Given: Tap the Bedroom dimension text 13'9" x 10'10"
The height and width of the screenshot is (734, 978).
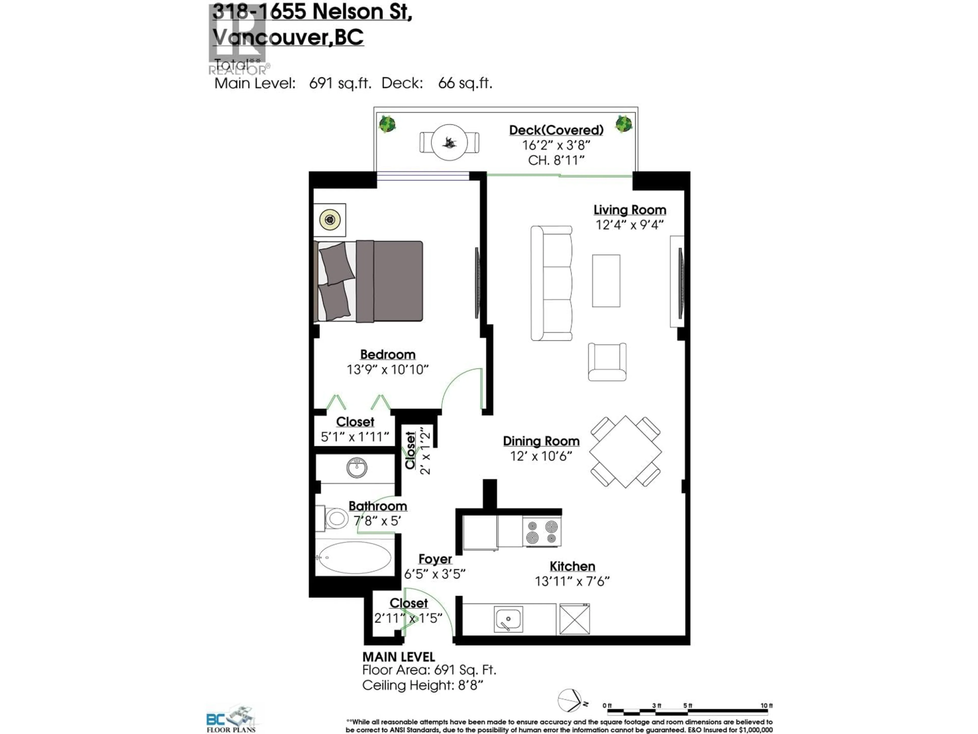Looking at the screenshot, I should (387, 370).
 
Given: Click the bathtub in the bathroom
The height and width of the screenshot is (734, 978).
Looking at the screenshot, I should (355, 557).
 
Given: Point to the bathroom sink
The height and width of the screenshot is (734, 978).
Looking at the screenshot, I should (357, 468).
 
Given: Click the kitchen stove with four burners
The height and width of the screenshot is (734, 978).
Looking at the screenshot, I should (542, 532).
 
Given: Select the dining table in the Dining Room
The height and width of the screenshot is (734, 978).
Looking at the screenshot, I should (625, 452).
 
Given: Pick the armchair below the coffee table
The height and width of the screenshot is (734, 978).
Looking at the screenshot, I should (607, 361).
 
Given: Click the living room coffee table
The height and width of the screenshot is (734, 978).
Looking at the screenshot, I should (606, 281).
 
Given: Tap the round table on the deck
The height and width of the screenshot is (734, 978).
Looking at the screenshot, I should (449, 142).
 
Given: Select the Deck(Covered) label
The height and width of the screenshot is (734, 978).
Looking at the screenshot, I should (556, 130).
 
